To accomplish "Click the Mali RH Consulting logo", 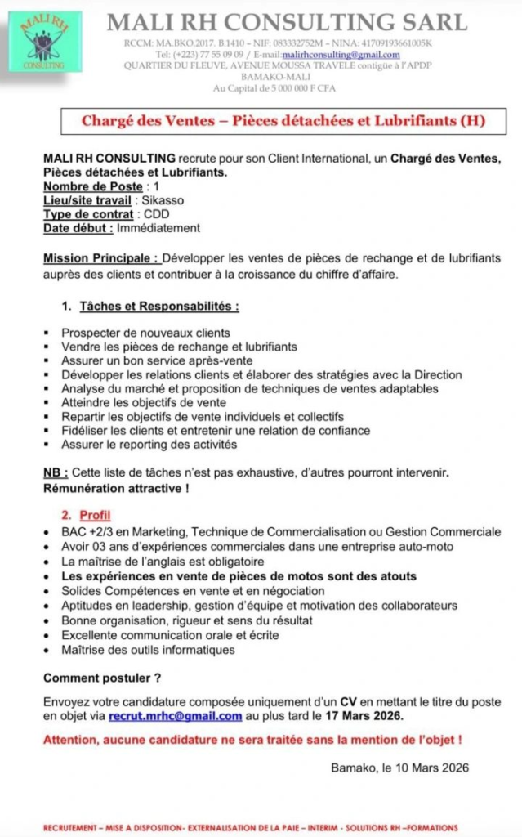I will pos(45,41).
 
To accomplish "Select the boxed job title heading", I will pos(283,121).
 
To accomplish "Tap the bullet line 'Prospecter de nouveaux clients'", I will pos(145,333).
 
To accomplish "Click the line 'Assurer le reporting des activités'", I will pos(149,445).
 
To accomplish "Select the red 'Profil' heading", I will pos(95,516).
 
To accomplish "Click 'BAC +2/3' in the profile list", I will pos(88,533).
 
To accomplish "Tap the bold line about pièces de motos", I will pos(239,576).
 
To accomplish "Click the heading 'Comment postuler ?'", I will pos(102,678).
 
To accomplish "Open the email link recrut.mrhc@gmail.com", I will pos(175,716).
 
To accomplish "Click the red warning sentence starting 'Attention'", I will pos(252,740).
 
